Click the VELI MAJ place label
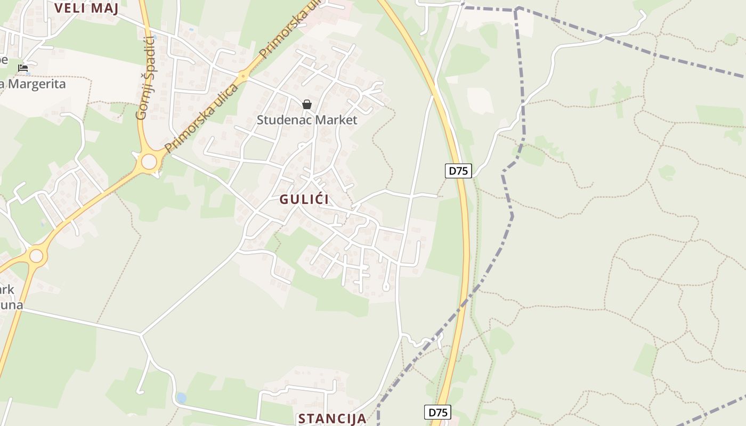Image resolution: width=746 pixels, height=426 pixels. [86, 7]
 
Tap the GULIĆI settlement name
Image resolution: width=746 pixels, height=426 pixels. [304, 200]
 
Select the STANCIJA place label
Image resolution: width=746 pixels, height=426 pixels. [332, 419]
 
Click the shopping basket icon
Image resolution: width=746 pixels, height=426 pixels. [307, 104]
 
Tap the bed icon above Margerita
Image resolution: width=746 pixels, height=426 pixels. [23, 68]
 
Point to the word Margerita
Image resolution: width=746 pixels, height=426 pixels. [36, 84]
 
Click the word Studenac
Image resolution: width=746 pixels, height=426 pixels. [283, 120]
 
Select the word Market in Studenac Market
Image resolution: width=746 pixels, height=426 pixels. [335, 120]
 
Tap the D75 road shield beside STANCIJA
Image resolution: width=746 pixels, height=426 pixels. [438, 412]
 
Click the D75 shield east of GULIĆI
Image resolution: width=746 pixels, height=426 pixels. [458, 171]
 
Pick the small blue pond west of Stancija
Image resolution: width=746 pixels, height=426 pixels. [182, 398]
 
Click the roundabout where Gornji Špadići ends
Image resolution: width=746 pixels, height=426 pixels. [149, 161]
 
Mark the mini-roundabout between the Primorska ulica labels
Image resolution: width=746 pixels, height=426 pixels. [244, 77]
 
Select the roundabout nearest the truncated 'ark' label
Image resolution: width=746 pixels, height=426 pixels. [36, 256]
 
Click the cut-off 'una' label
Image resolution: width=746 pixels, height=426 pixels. [12, 305]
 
